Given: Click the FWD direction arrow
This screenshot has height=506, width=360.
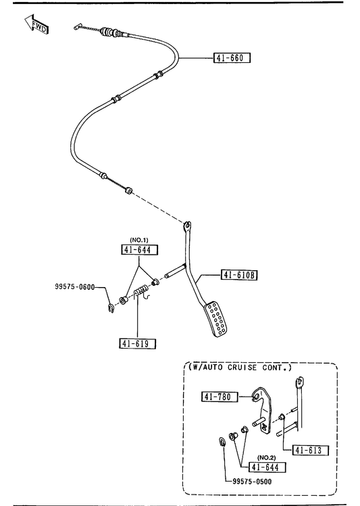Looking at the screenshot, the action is (x=36, y=24).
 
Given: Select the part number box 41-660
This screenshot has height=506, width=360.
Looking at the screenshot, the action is (x=232, y=58).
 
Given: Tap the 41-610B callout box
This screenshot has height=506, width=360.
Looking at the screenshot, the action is (x=239, y=275).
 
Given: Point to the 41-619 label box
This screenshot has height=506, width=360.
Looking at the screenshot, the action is (x=137, y=344).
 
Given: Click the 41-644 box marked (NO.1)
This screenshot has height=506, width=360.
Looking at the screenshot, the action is (x=140, y=250).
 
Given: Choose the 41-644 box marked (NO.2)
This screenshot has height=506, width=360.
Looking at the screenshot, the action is (x=267, y=467).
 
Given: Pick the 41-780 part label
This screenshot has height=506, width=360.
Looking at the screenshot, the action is (x=220, y=397).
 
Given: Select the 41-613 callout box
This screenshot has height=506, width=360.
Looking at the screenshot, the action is (x=310, y=450).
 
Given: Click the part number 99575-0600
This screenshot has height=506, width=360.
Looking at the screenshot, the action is (x=75, y=286).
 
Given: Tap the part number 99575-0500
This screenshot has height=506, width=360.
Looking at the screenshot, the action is (x=252, y=482).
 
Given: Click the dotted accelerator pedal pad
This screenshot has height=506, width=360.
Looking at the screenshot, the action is (x=216, y=319).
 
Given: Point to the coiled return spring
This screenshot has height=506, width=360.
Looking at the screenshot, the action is (x=142, y=292).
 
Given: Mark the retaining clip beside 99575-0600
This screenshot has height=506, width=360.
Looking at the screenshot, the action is (x=111, y=309).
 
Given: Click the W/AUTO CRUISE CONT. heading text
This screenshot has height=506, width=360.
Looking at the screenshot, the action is (x=240, y=368).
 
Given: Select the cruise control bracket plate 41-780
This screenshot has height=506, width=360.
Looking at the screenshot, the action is (x=263, y=411).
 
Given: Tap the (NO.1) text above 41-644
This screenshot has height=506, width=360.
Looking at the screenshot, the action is (x=139, y=240).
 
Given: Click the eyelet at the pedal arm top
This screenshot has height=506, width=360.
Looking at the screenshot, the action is (x=188, y=225).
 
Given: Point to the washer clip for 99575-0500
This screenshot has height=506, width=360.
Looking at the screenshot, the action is (x=222, y=441).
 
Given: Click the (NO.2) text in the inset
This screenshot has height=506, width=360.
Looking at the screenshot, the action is (x=266, y=457).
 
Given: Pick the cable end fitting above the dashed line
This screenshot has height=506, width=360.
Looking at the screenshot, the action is (x=128, y=191).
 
